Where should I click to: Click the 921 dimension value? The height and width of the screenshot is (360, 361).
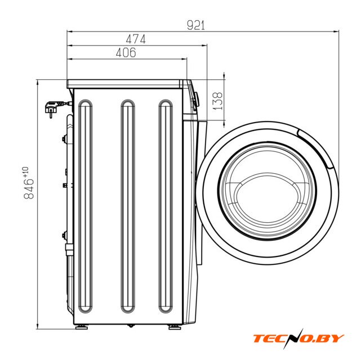[195, 25]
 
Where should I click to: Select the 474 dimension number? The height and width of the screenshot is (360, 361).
[136, 39]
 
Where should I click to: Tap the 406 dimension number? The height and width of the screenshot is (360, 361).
[126, 53]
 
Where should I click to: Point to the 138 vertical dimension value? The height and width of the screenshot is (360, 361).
[217, 101]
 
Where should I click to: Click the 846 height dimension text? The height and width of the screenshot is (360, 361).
[29, 189]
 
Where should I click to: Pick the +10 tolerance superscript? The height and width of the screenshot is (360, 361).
[25, 172]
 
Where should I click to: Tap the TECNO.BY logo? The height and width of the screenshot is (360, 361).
[298, 339]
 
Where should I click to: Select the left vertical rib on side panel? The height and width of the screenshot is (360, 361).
[86, 206]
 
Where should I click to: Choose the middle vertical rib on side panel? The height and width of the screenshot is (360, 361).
[128, 206]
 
